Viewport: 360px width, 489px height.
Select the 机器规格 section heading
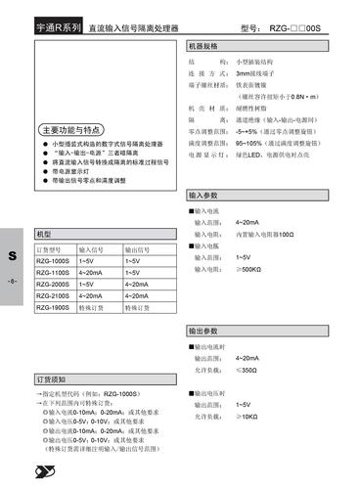point(205,46)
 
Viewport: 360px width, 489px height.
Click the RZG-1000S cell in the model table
point(53,263)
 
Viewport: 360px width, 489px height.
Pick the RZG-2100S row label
point(53,295)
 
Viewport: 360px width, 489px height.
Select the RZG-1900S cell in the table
point(53,307)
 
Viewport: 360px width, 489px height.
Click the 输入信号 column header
point(97,249)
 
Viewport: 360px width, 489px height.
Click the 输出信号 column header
point(143,249)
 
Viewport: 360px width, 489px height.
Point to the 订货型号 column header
point(52,249)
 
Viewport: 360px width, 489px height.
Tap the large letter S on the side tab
point(13,256)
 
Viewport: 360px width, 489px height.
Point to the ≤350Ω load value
point(247,371)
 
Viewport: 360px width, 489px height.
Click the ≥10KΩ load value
point(247,416)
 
